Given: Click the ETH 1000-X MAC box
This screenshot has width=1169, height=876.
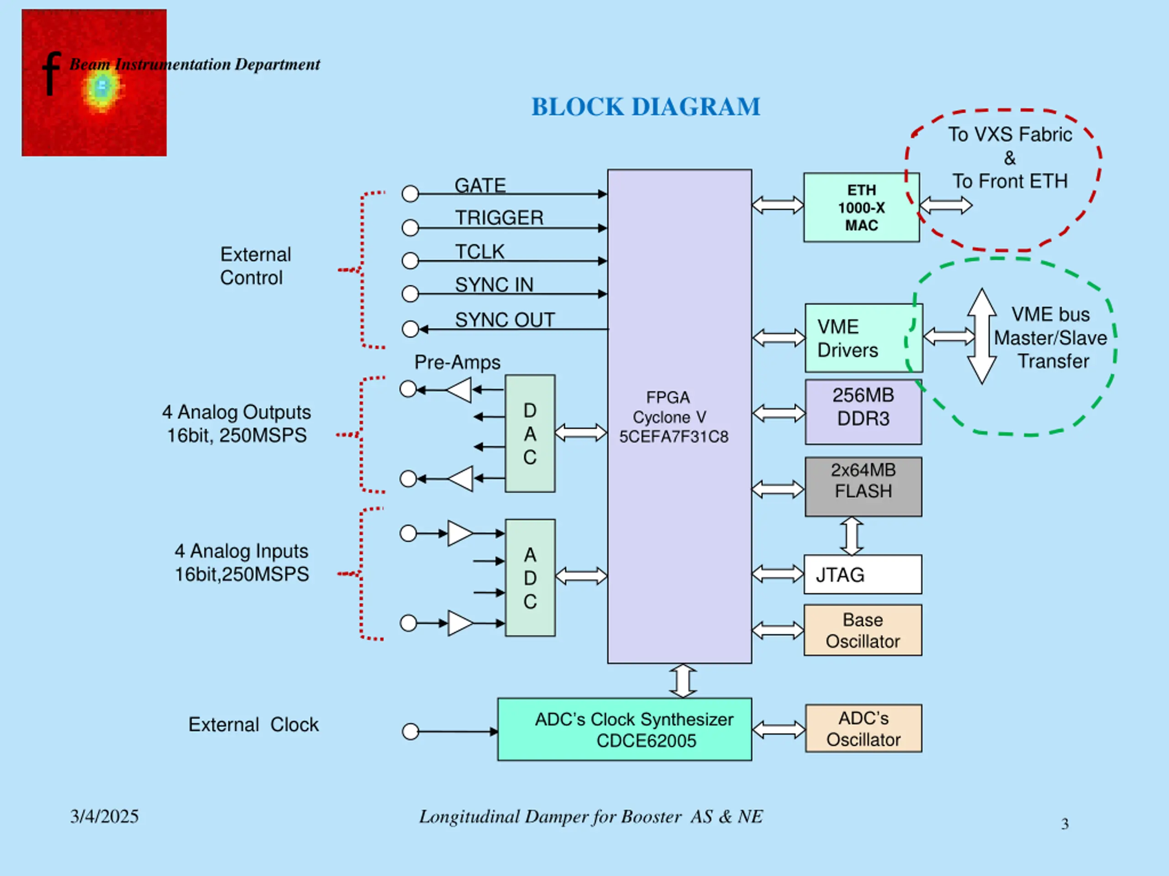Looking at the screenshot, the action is point(861,207).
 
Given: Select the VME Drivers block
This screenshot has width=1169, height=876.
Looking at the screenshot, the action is point(864,338).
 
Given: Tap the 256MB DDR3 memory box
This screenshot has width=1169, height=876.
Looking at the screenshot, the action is point(864,412).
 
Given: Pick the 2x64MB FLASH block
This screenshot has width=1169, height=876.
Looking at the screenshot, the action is point(864,486).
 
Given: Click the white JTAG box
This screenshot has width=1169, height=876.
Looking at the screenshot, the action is point(863,574).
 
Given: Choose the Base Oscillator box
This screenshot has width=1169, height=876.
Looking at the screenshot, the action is point(863,630).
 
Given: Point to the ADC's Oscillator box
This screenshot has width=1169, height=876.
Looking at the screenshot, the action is point(864,728).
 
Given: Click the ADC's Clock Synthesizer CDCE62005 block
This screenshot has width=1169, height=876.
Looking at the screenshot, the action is point(625,729).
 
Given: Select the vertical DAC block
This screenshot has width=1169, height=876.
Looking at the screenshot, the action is point(530,433).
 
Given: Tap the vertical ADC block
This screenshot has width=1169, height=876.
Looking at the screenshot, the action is point(530,578).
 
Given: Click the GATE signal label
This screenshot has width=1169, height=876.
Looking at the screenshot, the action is point(480,185).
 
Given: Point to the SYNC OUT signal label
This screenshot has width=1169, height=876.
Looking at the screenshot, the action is point(505,319).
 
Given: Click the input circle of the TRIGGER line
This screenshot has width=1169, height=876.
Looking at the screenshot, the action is point(410,228).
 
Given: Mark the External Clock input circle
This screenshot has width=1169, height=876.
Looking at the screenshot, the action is point(410,732).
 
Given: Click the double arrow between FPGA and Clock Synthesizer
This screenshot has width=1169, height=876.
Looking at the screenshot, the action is point(683,681).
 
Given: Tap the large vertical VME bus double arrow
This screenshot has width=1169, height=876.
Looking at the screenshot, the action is point(982,336).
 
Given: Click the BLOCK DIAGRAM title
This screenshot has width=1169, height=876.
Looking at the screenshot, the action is point(645,107).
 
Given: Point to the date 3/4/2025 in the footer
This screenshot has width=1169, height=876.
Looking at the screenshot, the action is point(104,816).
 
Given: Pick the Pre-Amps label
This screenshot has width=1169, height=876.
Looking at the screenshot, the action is point(457,363).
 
